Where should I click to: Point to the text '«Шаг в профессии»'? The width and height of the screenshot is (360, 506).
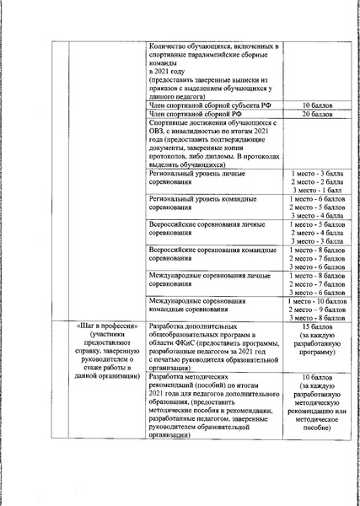(98, 326)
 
